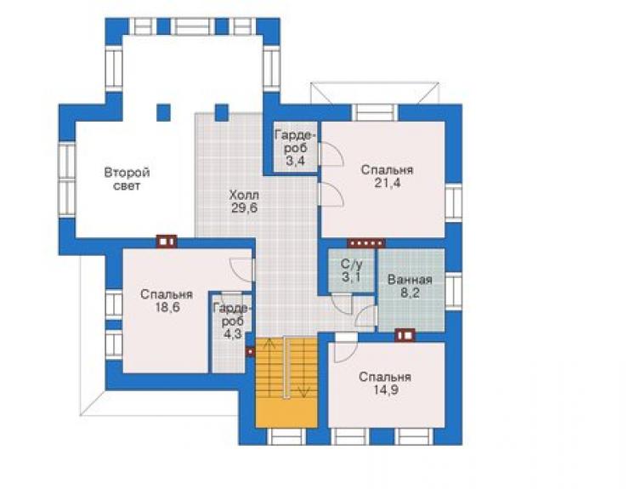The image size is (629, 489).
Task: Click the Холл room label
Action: click(244, 196)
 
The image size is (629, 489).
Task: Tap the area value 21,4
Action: click(387, 183)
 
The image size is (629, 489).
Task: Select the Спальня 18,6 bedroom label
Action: click(167, 301)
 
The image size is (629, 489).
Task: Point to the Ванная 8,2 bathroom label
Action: click(410, 287)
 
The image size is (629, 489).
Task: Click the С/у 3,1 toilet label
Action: click(351, 270)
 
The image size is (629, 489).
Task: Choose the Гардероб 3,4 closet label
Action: click(296, 148)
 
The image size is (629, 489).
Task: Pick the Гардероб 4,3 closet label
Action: click(233, 321)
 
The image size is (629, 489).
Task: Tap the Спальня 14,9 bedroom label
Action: click(385, 384)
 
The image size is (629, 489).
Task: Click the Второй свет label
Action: click(127, 179)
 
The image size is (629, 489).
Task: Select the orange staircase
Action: click(286, 383)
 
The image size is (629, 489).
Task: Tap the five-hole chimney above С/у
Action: click(365, 243)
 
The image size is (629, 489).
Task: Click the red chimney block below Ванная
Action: click(405, 335)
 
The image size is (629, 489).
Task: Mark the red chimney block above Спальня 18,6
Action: click(167, 242)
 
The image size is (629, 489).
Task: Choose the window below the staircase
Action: click(286, 436)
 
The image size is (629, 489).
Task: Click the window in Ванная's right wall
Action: click(453, 291)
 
